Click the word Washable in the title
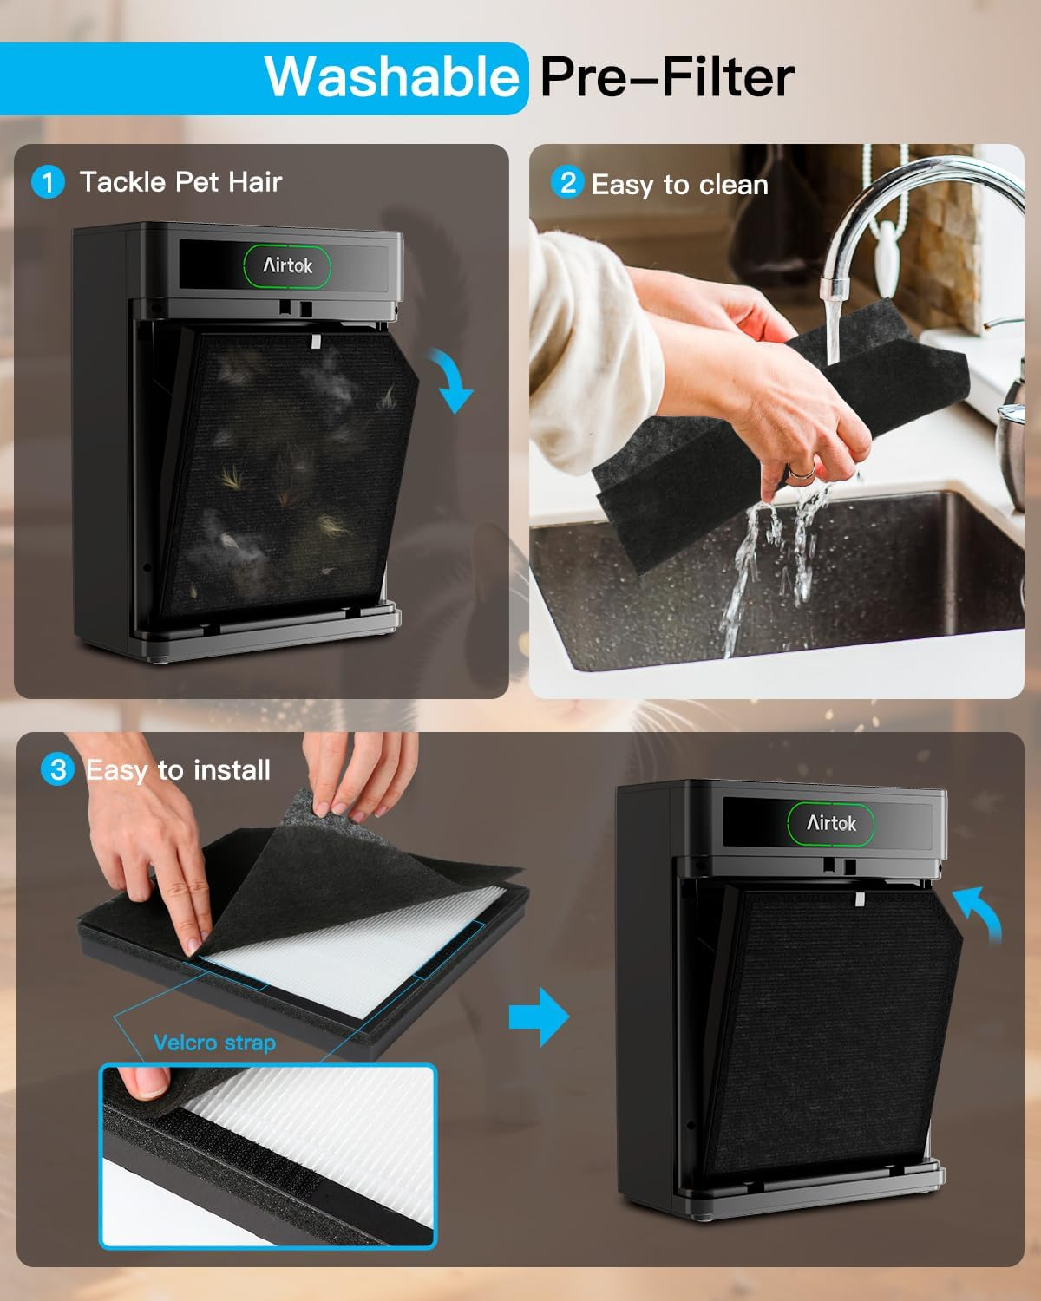392,77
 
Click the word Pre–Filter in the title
667,77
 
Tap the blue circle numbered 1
48,182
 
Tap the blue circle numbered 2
567,183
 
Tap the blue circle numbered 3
57,769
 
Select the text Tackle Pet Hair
180,182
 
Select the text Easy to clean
680,185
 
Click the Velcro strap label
215,1043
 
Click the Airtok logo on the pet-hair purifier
287,266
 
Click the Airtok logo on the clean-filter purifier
831,823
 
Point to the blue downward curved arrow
453,380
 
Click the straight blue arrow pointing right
539,1017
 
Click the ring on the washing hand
802,472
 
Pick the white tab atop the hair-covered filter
315,342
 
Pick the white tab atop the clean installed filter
861,899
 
